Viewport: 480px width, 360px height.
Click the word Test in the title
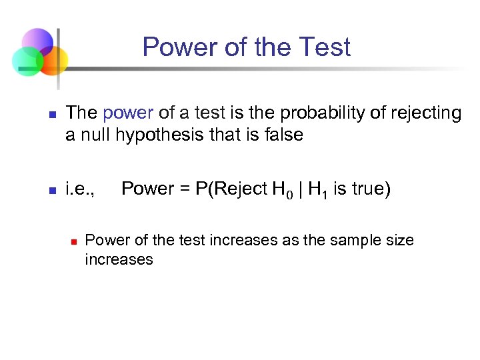coord(325,47)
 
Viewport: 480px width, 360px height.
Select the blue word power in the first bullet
coord(128,113)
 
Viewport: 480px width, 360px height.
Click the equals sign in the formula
coord(185,189)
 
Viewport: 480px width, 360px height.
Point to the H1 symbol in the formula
coord(318,190)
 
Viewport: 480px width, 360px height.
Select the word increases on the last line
coord(119,259)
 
